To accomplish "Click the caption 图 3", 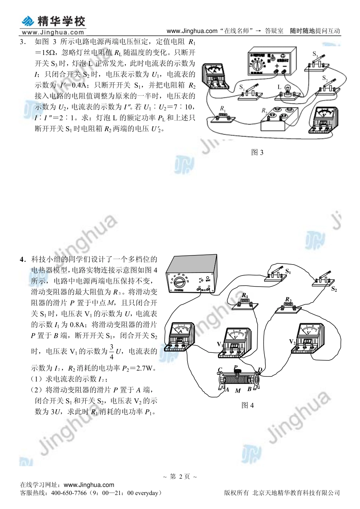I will pos(257,152).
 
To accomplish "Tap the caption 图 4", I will pos(247,406).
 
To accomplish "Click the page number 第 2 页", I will pos(180,477).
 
